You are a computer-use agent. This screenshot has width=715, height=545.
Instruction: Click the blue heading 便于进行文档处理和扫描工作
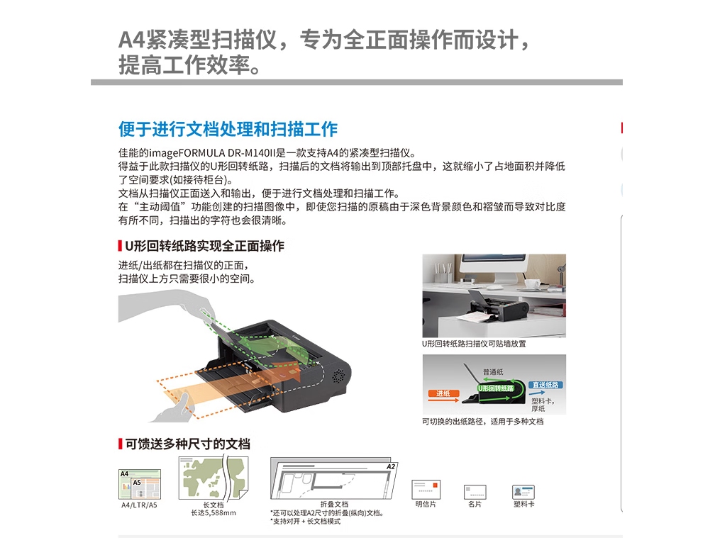228,129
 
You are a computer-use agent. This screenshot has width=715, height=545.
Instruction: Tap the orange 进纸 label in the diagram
443,393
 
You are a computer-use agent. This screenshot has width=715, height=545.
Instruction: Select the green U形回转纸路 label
496,388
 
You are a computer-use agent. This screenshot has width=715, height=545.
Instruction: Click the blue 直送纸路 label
545,385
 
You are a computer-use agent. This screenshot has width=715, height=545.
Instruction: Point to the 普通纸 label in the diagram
494,372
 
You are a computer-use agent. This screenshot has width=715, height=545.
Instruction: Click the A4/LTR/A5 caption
139,505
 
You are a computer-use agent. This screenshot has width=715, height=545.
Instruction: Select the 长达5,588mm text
214,513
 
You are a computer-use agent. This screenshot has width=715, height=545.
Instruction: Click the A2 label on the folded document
391,466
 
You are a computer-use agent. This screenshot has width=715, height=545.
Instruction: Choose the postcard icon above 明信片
426,490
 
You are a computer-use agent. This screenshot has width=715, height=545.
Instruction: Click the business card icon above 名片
475,492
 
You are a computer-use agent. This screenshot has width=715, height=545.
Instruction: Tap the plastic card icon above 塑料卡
523,492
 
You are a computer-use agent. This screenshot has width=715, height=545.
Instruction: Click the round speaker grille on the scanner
338,376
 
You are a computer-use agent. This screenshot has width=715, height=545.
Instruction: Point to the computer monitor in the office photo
493,266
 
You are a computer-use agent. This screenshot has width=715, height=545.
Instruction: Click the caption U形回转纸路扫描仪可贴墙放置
474,344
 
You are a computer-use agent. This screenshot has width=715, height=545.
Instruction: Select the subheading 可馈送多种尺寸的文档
188,444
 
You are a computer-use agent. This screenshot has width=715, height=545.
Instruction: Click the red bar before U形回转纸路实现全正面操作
120,246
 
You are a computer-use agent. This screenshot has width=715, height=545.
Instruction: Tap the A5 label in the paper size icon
137,483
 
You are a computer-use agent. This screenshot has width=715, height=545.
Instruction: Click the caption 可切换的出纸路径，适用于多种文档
483,422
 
